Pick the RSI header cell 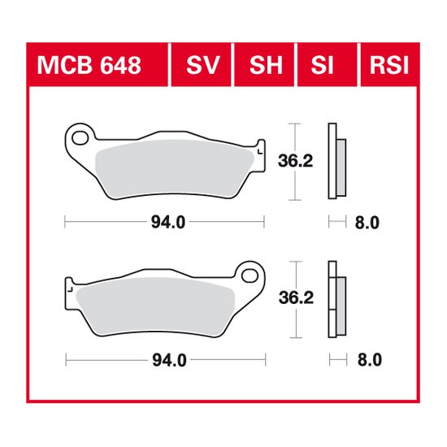coord(388,64)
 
